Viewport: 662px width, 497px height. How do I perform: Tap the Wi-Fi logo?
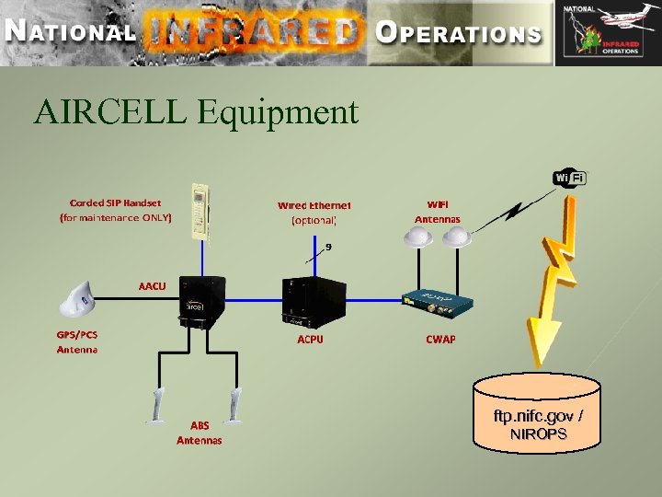(570, 177)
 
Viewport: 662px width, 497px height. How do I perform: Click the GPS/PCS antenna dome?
(79, 301)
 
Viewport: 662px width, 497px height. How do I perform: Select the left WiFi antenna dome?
(421, 237)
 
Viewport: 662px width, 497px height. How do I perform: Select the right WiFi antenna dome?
(457, 237)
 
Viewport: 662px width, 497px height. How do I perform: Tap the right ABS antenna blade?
(236, 404)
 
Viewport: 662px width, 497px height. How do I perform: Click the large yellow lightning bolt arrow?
(553, 285)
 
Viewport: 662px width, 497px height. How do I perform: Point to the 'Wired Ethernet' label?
(314, 205)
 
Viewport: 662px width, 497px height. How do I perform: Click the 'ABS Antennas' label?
(200, 433)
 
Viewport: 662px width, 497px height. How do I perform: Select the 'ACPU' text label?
(310, 339)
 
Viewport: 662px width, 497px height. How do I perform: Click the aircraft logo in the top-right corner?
(606, 33)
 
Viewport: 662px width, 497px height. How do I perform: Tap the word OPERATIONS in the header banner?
(459, 33)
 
